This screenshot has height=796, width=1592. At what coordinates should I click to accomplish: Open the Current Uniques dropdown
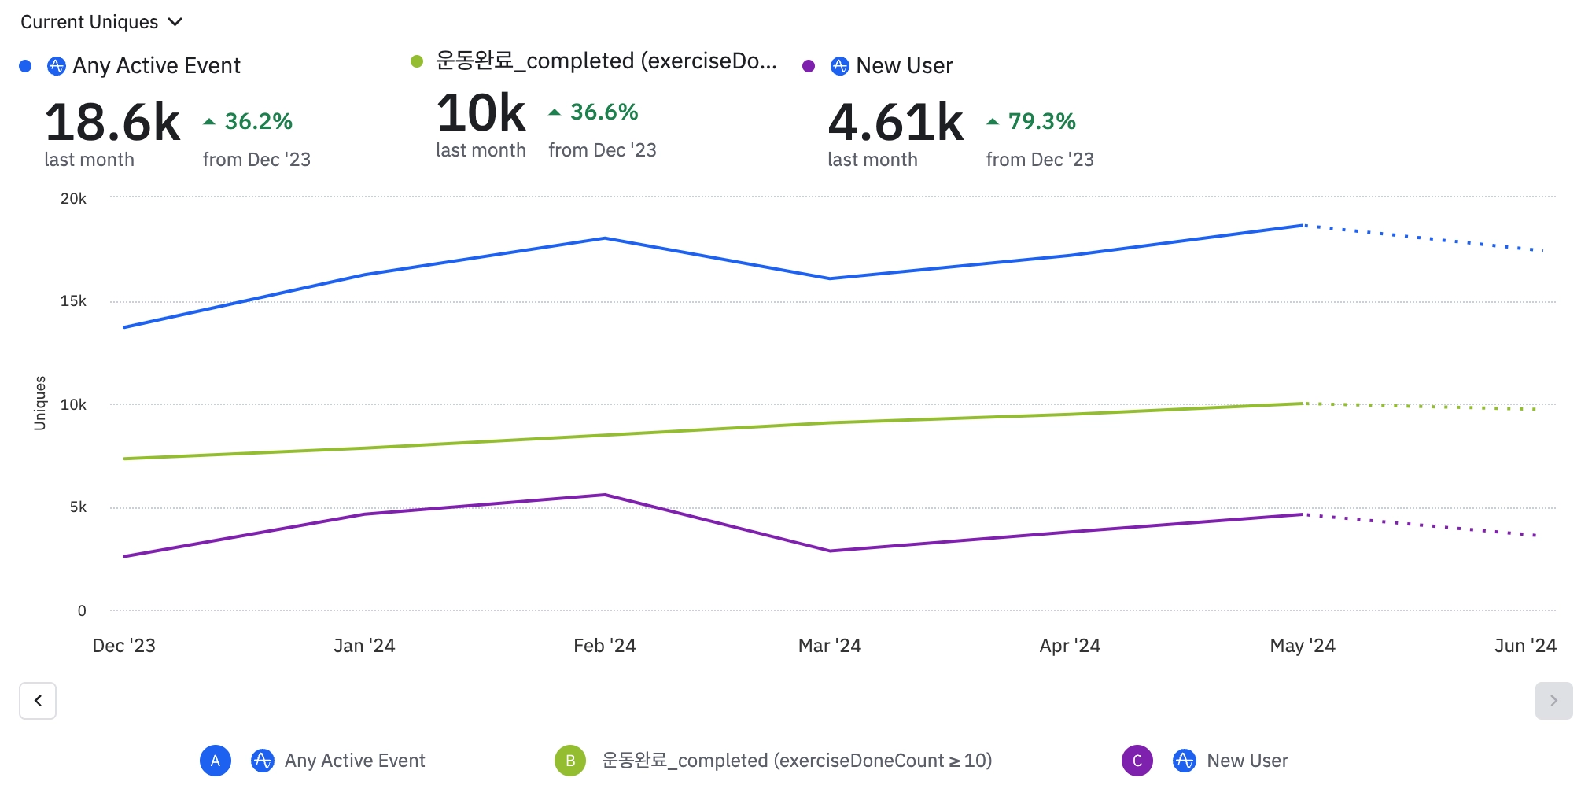[x=101, y=22]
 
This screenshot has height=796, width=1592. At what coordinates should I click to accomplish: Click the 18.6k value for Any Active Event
[x=112, y=123]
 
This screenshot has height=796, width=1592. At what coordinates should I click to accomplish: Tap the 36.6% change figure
[x=603, y=112]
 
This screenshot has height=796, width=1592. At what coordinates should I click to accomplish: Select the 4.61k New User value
[x=895, y=123]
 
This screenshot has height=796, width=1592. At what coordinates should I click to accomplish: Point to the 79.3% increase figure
[x=1041, y=121]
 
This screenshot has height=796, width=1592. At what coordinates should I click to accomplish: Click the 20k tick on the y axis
[x=74, y=198]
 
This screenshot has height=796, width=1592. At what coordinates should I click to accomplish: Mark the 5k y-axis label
[x=78, y=507]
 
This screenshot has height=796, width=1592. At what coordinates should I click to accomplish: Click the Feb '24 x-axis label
[x=604, y=646]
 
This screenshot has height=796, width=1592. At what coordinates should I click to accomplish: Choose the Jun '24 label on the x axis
[x=1524, y=646]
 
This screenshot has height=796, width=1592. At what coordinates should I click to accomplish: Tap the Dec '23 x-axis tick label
[x=124, y=646]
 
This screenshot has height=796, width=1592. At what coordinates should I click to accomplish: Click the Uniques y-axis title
[x=40, y=403]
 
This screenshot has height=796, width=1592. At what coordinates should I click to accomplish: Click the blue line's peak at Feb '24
[x=604, y=238]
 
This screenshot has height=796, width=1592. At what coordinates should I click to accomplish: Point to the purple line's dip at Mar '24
[x=830, y=551]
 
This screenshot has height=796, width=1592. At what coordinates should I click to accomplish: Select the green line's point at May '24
[x=1303, y=404]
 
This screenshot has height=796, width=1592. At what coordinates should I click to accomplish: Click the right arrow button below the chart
[x=1553, y=700]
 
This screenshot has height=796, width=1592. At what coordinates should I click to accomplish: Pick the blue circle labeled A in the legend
[x=216, y=761]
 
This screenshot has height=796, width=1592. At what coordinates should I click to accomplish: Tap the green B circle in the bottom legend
[x=570, y=761]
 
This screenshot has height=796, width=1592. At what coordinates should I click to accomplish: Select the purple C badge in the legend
[x=1137, y=761]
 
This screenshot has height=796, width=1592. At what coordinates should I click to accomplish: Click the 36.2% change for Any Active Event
[x=258, y=121]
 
